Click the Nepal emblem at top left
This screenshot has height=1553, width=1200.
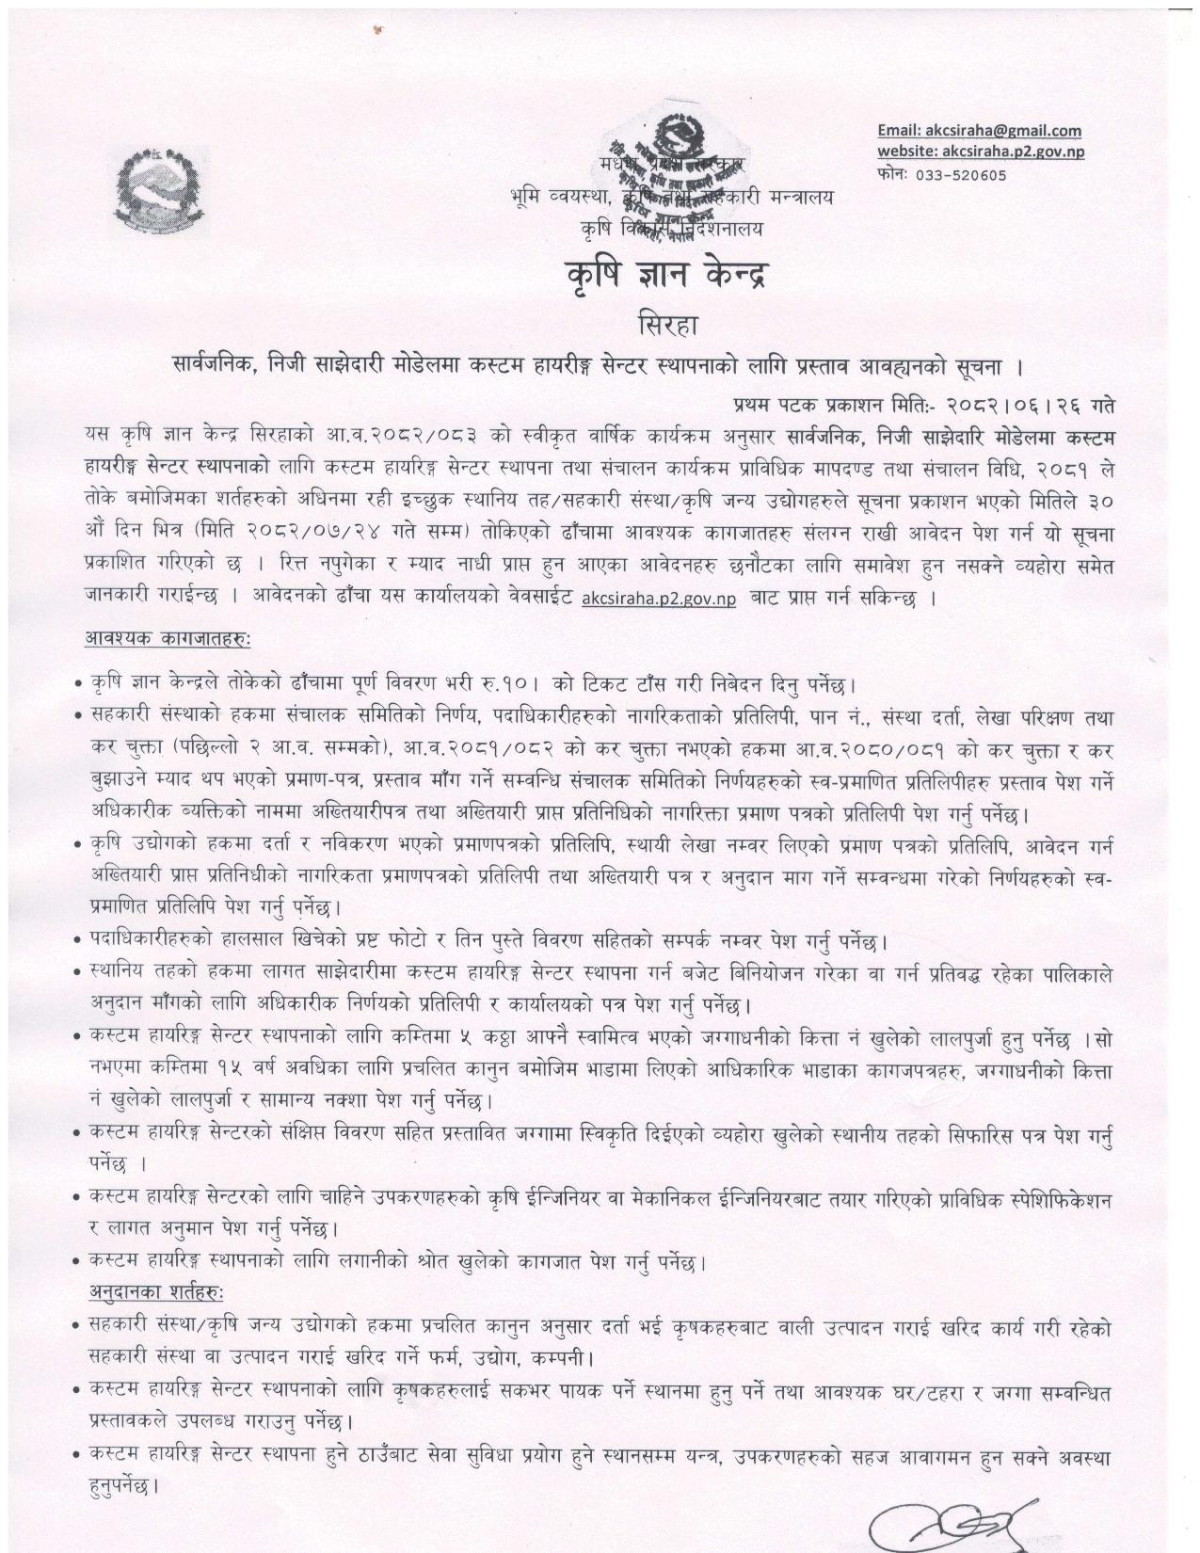(163, 187)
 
